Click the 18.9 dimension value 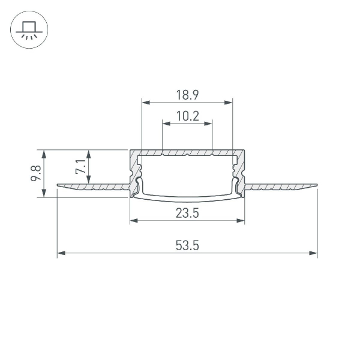tap(187, 94)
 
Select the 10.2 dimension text tap(187, 116)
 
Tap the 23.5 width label tap(187, 213)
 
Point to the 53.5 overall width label tap(187, 245)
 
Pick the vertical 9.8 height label tap(36, 173)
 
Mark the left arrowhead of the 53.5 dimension tap(61, 253)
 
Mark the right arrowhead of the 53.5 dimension tap(314, 253)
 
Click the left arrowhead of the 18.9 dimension tap(145, 102)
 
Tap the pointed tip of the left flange tap(58, 185)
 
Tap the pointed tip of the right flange tap(316, 185)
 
